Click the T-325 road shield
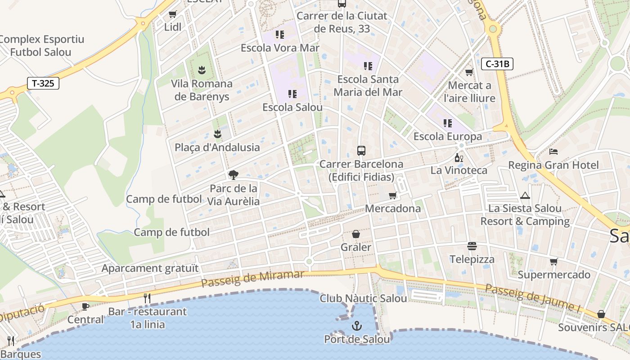(43, 83)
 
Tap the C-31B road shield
(498, 64)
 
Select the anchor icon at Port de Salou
(357, 325)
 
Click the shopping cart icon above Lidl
(173, 14)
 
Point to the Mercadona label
(393, 209)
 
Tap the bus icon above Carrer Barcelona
(361, 150)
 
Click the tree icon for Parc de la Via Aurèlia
(233, 175)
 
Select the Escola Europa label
(447, 136)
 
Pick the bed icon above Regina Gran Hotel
(553, 152)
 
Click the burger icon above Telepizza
(472, 246)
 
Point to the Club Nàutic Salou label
(363, 298)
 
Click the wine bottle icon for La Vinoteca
(459, 157)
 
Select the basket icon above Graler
(355, 234)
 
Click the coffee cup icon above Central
(85, 306)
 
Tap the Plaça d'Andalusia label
(217, 147)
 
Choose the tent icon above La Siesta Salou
(525, 195)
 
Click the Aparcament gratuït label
(150, 269)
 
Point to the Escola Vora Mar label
(280, 48)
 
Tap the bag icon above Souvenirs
(601, 314)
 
